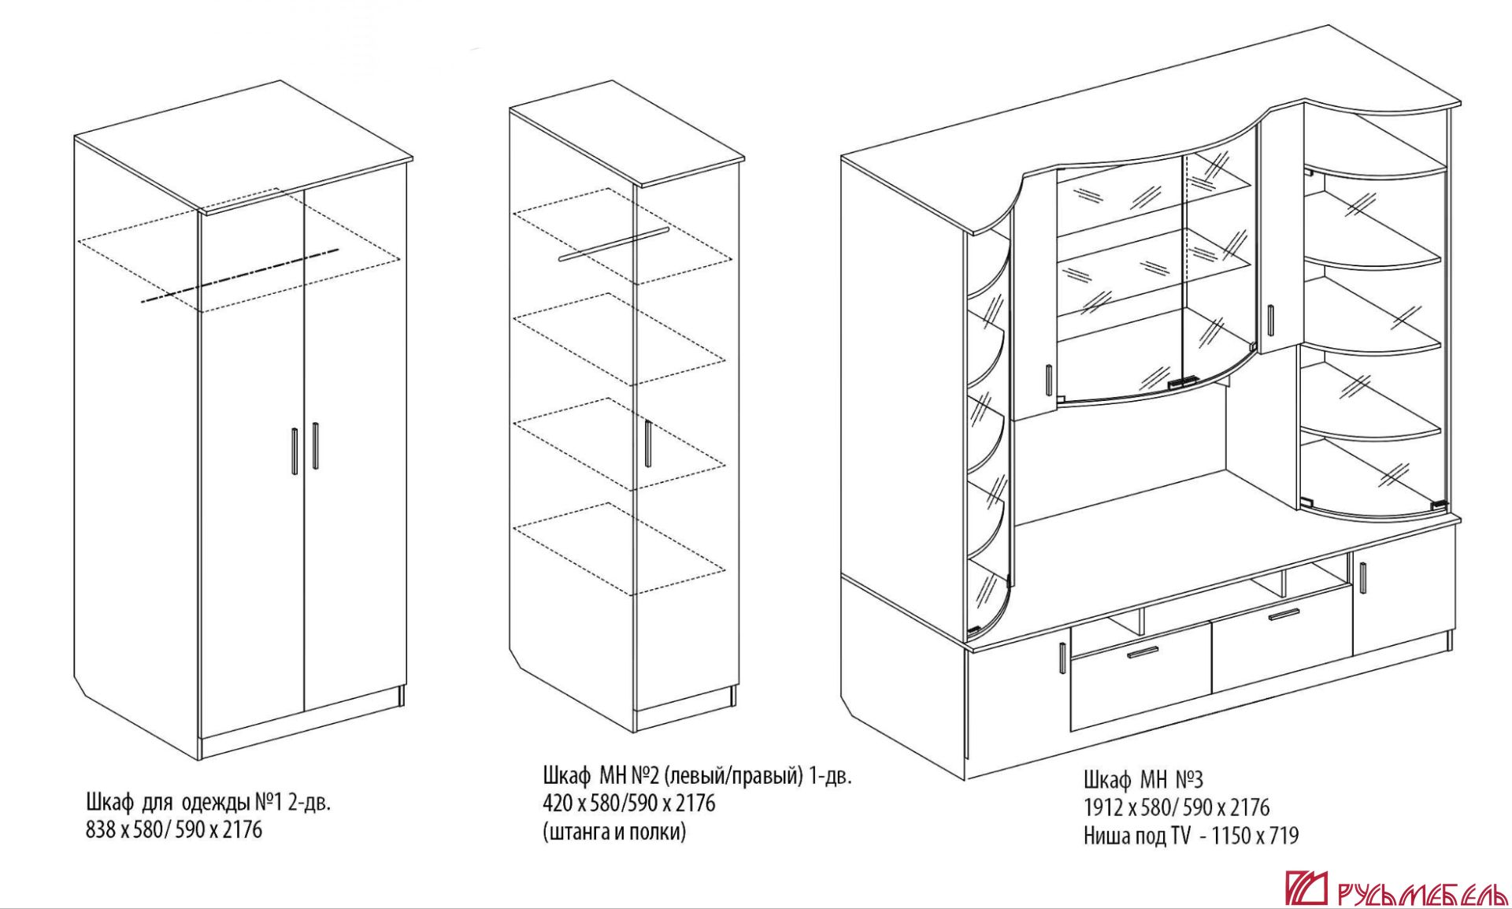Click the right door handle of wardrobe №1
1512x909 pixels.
315,447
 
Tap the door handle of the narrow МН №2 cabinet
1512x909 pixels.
647,443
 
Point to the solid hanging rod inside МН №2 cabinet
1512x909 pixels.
613,244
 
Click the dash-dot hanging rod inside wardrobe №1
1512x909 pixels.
239,276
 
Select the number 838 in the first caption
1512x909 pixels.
100,830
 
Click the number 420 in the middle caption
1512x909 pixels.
558,803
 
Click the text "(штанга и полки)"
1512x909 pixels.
614,832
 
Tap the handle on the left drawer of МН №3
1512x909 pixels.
1143,653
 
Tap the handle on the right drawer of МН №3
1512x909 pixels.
1284,614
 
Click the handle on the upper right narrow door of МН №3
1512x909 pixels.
1270,319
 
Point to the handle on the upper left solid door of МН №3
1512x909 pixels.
1049,380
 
